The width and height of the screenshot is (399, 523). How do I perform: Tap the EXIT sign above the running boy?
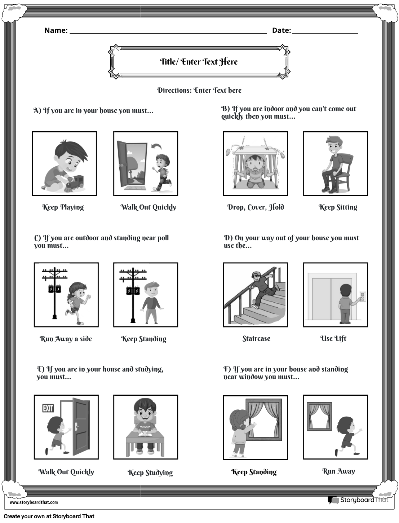(48, 408)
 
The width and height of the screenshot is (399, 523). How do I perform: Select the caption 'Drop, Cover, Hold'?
(255, 207)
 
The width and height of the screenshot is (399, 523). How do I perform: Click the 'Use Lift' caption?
(333, 338)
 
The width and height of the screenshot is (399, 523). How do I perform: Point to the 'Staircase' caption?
(256, 338)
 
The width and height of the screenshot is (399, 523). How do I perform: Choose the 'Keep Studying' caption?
(150, 473)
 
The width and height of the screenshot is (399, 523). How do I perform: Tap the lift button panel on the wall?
(362, 296)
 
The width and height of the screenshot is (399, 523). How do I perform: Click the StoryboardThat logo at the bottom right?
(358, 500)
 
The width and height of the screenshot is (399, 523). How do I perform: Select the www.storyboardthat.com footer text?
(34, 502)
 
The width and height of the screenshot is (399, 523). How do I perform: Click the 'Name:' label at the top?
(56, 30)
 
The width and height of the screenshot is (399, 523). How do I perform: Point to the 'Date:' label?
(281, 30)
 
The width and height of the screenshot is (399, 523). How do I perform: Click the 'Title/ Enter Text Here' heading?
(199, 62)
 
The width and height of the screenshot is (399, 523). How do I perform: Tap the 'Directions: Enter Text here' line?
(199, 90)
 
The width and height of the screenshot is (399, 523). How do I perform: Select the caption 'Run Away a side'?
(66, 339)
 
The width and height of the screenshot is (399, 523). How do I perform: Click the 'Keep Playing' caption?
(63, 207)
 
